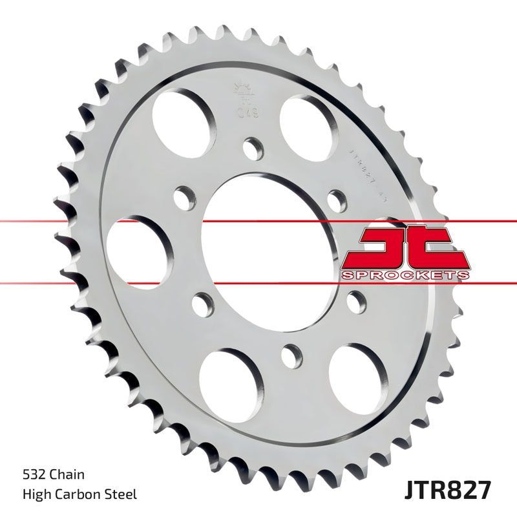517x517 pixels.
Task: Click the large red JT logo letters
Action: click(x=404, y=248)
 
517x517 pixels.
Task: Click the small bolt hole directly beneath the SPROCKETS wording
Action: click(x=355, y=299)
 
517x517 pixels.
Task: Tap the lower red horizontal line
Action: click(x=65, y=282)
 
